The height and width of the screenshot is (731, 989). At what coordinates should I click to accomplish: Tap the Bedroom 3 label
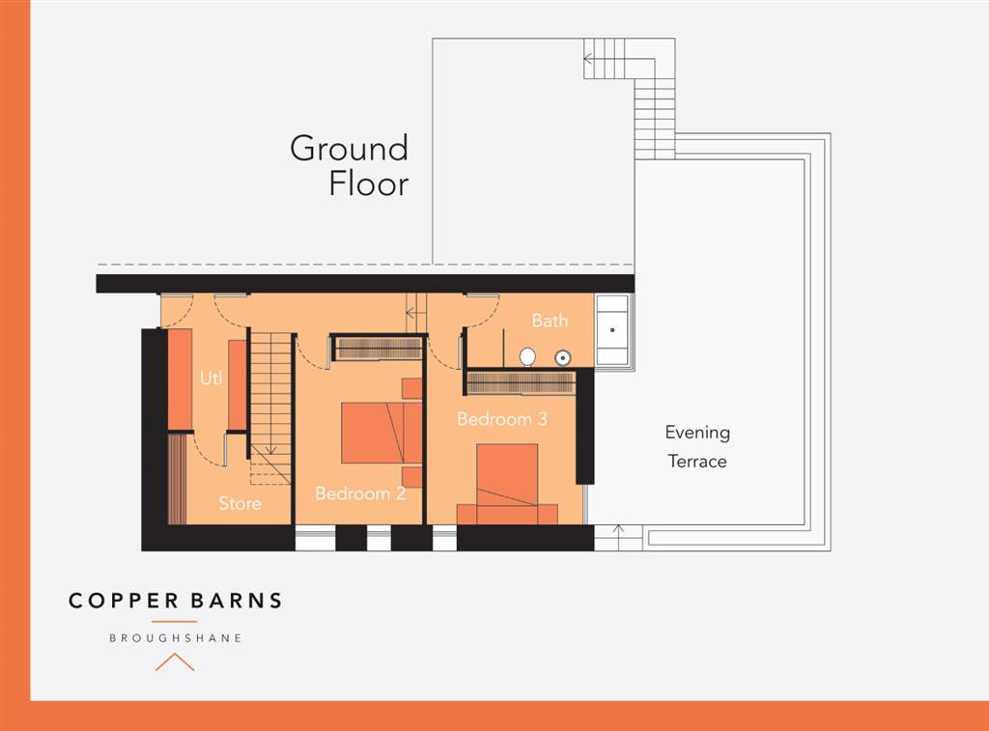point(502,419)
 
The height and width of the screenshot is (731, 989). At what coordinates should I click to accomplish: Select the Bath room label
point(550,321)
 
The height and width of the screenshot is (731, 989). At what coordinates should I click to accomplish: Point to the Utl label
point(211,379)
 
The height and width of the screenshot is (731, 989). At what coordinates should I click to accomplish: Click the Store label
point(240,503)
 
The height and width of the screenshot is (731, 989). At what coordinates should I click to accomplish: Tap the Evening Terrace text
point(696,446)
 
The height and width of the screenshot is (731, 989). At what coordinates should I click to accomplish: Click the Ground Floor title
point(350,165)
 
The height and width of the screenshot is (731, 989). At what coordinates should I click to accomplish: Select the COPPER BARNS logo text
point(175,601)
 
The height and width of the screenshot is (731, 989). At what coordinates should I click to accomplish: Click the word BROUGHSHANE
point(175,638)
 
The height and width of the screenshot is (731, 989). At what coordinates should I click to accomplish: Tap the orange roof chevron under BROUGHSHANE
point(175,661)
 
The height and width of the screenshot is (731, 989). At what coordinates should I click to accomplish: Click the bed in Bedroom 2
point(381,433)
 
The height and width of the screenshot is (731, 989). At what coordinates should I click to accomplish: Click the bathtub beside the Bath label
point(611,330)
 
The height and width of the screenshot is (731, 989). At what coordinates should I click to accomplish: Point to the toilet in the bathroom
point(527,356)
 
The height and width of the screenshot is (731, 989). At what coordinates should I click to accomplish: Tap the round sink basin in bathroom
point(563,357)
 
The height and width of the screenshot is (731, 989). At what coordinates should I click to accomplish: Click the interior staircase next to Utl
point(270,396)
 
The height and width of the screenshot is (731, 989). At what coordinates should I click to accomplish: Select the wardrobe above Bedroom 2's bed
point(378,348)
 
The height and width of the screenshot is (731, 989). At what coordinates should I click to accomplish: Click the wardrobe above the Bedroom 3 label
point(521,382)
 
